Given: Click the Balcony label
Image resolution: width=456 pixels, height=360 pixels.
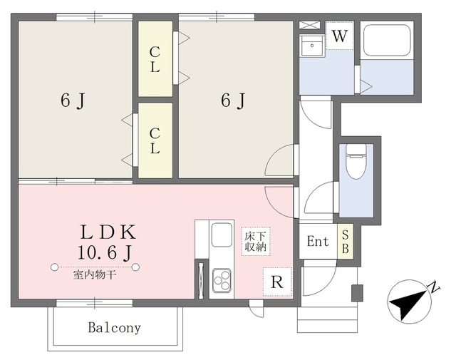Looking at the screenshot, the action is click(114, 328).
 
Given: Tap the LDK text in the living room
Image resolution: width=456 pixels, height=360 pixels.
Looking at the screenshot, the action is click(108, 232).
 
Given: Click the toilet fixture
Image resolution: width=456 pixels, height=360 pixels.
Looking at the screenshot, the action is click(356, 161).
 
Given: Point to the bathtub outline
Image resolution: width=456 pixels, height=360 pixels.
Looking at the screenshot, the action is click(387, 41).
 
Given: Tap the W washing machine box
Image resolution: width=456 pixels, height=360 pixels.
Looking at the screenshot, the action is click(340, 36).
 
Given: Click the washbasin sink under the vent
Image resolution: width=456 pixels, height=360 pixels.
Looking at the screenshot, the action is click(312, 46).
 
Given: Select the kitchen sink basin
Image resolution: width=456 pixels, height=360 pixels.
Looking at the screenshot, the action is click(222, 235).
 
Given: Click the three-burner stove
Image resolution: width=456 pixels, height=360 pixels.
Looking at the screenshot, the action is click(222, 280).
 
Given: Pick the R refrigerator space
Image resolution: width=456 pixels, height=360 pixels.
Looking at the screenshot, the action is click(277, 282).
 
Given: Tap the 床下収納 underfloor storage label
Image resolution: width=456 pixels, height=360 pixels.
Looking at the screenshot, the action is click(256, 242).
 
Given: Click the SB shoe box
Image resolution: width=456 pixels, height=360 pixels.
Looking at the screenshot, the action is click(345, 241).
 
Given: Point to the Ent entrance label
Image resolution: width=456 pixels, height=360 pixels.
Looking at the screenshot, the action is click(318, 241).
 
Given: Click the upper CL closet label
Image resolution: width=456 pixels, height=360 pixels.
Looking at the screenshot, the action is click(155, 60).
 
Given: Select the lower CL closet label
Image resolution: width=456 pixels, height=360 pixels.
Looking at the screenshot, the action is click(155, 141).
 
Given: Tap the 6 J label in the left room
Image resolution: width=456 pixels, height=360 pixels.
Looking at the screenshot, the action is click(73, 101).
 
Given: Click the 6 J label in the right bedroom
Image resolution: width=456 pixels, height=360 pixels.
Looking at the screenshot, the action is click(233, 101).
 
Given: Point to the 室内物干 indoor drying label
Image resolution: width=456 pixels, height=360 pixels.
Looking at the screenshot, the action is click(95, 274).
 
